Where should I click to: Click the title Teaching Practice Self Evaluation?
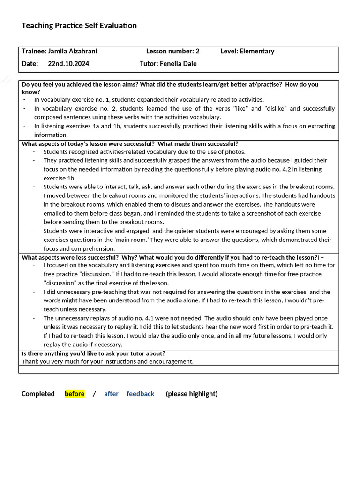pos(79,26)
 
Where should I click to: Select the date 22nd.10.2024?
pos(68,64)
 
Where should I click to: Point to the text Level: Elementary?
pos(247,52)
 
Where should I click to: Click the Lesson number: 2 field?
pos(172,52)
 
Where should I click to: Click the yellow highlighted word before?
pos(75,394)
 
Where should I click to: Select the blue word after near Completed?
pos(111,394)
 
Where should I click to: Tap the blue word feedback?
pos(140,394)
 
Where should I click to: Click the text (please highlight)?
pos(191,394)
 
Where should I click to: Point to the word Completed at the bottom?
pos(38,394)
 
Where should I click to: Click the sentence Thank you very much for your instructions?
pos(107,361)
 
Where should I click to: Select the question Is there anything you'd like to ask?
pos(93,353)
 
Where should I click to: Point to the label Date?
pos(29,64)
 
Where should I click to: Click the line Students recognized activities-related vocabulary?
pos(144,152)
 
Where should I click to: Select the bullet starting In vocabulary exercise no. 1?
pos(149,99)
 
